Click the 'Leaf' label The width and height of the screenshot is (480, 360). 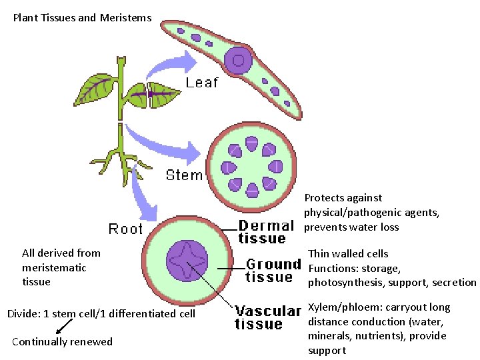pos(201,83)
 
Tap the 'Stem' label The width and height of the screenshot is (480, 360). pos(184,175)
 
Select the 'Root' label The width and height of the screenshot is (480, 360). pos(126,229)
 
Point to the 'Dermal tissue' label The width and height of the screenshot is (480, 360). pos(265,232)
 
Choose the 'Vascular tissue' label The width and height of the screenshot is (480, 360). pos(268,317)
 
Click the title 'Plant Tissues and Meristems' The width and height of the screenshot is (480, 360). pos(83,18)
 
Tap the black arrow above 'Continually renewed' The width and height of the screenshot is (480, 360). pos(64,326)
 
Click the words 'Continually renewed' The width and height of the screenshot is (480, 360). pos(63,342)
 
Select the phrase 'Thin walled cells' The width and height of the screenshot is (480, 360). pos(348,253)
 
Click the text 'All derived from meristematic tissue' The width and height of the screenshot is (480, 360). pos(61,267)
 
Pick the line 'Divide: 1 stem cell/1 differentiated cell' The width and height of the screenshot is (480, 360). pos(101,313)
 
